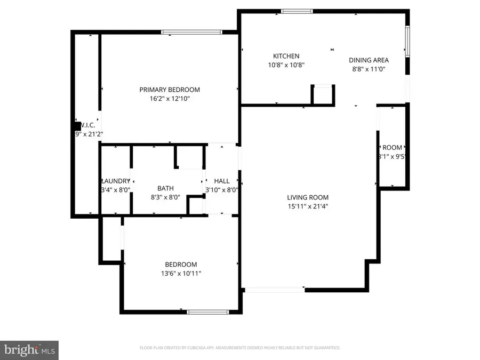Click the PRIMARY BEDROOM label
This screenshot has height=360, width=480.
click(170, 90)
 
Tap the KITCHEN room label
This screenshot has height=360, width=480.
click(286, 56)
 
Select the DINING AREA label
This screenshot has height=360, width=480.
click(369, 60)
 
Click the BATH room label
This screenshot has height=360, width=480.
click(165, 188)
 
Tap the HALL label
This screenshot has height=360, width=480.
click(221, 181)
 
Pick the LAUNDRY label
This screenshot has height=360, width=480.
click(115, 181)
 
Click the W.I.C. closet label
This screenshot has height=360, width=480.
click(87, 125)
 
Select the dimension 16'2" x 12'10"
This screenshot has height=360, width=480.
click(170, 99)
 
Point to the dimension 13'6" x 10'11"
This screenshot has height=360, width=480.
click(181, 274)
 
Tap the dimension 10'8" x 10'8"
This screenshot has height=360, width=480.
click(286, 65)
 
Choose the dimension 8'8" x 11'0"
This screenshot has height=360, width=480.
click(369, 69)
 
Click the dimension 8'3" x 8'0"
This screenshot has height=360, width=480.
click(165, 197)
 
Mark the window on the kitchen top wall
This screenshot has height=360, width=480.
click(297, 11)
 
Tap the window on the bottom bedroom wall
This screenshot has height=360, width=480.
click(207, 311)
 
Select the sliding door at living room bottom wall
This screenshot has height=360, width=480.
click(274, 290)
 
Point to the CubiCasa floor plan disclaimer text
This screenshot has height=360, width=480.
click(239, 348)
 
